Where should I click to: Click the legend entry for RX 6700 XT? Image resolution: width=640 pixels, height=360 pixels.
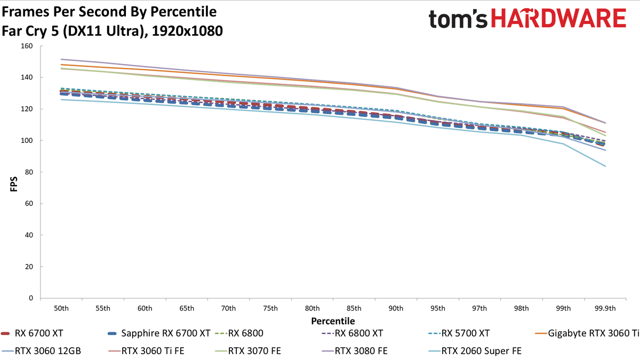coord(32,333)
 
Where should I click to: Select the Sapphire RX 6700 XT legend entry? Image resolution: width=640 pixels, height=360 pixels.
coord(159,333)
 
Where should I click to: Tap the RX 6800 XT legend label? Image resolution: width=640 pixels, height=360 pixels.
coord(358,333)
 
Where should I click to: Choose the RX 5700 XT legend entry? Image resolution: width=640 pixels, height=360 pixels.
coord(459,333)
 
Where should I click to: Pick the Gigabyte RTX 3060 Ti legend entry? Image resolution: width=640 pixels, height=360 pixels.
coord(587,333)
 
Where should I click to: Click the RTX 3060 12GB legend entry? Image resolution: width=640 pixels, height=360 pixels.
coord(41,350)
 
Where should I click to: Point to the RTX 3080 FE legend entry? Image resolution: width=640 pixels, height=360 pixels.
coord(355,350)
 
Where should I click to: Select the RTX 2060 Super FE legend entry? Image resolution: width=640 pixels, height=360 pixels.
coord(475,351)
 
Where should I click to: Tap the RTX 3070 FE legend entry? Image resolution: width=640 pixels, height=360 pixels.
coord(247,350)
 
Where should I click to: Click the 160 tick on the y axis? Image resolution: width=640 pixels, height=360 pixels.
coord(27,46)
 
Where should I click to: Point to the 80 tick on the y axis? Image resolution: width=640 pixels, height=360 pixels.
coord(29,172)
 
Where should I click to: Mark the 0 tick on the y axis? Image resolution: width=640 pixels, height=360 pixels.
coord(31,298)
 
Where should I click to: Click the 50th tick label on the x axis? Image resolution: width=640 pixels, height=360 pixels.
coord(61,308)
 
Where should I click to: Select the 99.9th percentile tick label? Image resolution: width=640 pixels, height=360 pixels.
coord(605,308)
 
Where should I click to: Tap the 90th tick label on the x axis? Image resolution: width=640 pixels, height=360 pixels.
coord(396,308)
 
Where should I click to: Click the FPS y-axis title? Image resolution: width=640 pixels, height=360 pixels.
coord(14,184)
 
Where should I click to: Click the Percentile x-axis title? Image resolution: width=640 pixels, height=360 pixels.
coord(333,321)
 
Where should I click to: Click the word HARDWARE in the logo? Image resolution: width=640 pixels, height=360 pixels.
coord(558,18)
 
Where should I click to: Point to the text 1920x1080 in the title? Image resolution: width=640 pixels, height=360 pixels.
coord(187,31)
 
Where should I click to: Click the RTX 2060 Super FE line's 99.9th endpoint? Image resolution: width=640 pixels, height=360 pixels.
coord(605,166)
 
